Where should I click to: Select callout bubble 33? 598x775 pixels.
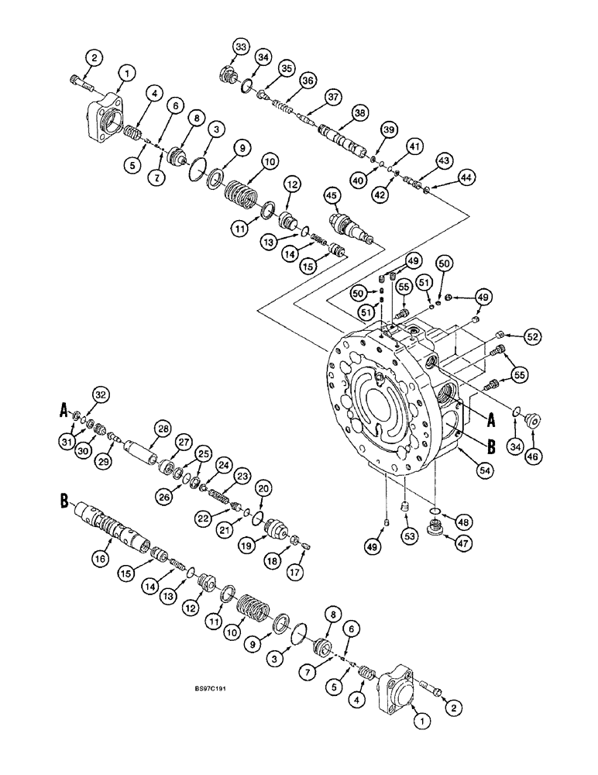242,49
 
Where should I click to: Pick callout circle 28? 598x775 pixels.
162,429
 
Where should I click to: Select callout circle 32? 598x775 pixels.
98,394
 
